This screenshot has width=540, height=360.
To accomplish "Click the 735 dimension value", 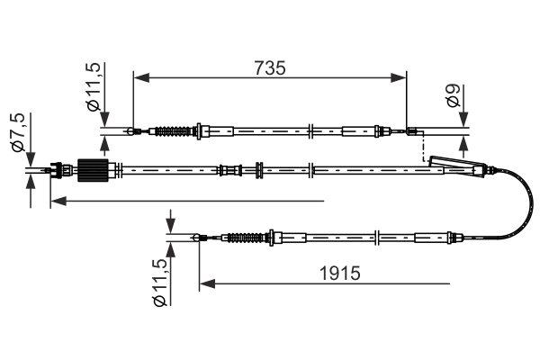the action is click(270, 67).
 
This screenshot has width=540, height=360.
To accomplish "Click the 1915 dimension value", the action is click(339, 274).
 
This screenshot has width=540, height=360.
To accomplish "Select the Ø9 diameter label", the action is click(454, 95).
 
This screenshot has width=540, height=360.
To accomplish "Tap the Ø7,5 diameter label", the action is click(19, 132).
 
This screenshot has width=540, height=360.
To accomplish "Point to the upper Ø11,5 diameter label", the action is click(94, 87).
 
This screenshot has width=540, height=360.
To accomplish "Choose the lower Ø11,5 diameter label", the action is click(160, 283).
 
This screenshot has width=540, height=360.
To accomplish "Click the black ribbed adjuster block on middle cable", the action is click(94, 170).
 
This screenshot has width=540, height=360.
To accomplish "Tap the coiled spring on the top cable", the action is click(173, 131).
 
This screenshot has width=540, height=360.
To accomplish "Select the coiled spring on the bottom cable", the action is click(247, 238).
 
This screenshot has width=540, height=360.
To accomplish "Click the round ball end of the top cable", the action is click(130, 131).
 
